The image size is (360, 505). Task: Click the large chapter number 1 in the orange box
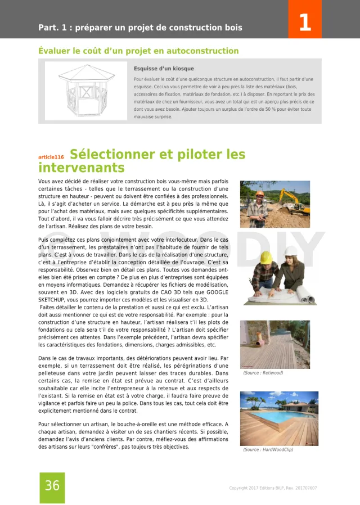(x=304, y=23)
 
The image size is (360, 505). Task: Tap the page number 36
(x=52, y=486)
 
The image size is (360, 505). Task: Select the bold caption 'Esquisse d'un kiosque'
(x=164, y=69)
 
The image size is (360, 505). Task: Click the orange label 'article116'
(x=51, y=157)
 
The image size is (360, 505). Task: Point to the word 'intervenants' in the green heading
(x=81, y=168)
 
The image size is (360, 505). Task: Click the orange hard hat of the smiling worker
(x=259, y=194)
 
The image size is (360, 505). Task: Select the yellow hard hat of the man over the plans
(x=265, y=257)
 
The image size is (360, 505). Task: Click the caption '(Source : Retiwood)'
(x=263, y=373)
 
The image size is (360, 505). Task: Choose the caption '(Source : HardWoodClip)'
(x=268, y=450)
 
